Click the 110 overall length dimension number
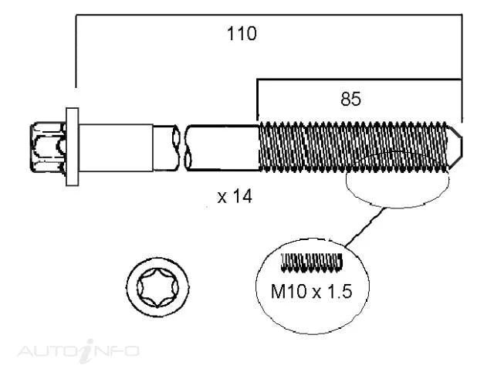click(242, 33)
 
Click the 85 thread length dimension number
click(351, 99)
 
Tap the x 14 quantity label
click(234, 197)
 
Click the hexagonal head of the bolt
click(49, 146)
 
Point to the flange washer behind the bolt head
click(73, 147)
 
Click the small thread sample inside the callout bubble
click(311, 263)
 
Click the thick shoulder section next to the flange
click(116, 146)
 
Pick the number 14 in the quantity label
click(242, 197)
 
